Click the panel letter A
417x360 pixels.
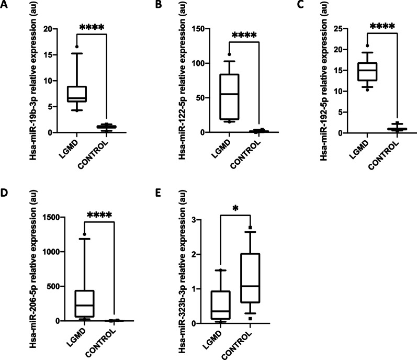5,6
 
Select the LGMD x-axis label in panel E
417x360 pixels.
221,341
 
